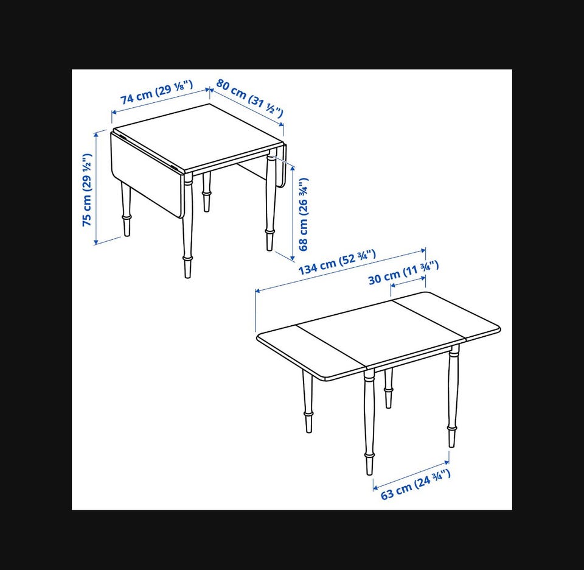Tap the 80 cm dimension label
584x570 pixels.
250,97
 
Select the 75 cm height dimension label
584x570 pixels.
87,189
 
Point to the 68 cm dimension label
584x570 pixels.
304,214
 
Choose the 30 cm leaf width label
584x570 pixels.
403,273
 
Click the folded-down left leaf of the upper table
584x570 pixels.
147,174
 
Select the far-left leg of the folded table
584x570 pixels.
126,209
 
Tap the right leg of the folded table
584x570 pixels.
271,203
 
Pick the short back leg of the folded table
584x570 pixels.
206,192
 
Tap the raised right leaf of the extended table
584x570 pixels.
447,317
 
